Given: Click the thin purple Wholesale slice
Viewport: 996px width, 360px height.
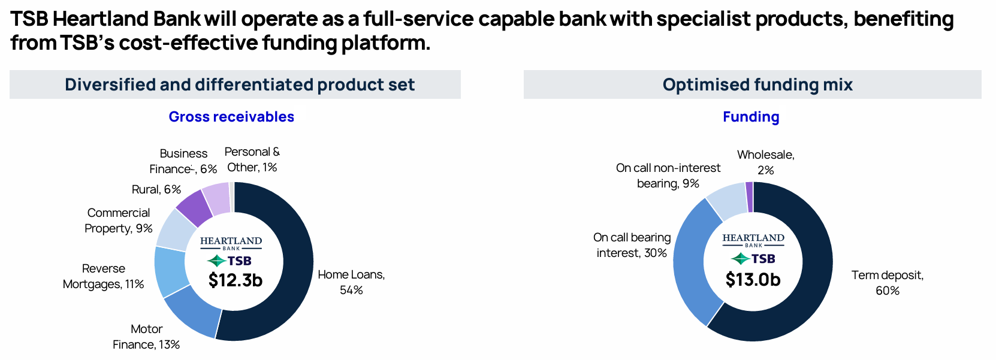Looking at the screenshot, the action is pyautogui.click(x=750, y=197).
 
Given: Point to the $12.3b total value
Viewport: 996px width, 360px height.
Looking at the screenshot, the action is pyautogui.click(x=235, y=280).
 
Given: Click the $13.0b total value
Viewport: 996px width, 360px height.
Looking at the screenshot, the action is pyautogui.click(x=753, y=279).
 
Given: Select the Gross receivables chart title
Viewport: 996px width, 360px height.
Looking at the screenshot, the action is pyautogui.click(x=231, y=117).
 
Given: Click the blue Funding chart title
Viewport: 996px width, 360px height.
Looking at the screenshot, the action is pyautogui.click(x=751, y=117).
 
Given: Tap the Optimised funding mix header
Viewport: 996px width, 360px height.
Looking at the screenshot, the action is pyautogui.click(x=757, y=84).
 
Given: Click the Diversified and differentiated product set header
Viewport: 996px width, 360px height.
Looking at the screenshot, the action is pyautogui.click(x=240, y=84).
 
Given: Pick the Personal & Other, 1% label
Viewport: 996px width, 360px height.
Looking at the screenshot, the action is pyautogui.click(x=252, y=159).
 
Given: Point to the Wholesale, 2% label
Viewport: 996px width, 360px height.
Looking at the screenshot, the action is pyautogui.click(x=766, y=162).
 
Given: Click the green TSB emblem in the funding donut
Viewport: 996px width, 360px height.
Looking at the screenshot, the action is pyautogui.click(x=740, y=258).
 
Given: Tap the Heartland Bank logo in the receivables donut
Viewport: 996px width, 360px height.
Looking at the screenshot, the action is pyautogui.click(x=231, y=243).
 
